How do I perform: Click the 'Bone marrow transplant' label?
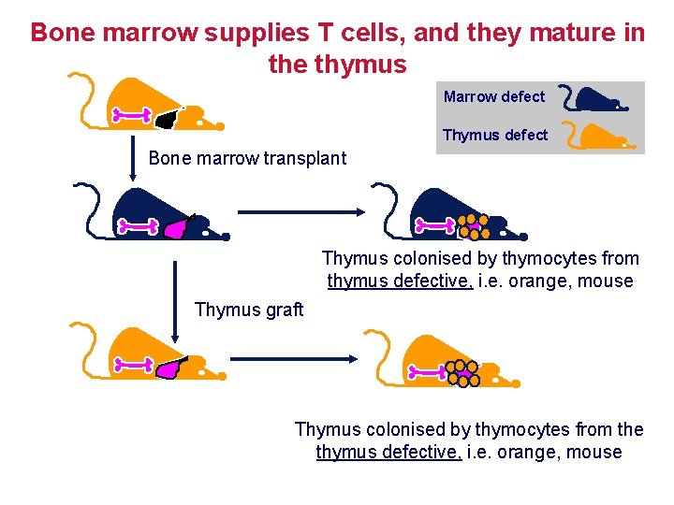pyautogui.click(x=247, y=158)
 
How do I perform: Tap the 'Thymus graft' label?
pyautogui.click(x=249, y=310)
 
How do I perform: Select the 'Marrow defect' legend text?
pyautogui.click(x=493, y=96)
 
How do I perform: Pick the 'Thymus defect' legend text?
pyautogui.click(x=494, y=135)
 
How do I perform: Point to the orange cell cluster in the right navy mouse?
pyautogui.click(x=473, y=225)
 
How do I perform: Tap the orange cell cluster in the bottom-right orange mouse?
pyautogui.click(x=462, y=372)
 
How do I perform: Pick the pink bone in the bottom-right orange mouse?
pyautogui.click(x=429, y=372)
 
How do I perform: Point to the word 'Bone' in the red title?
pyautogui.click(x=65, y=33)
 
